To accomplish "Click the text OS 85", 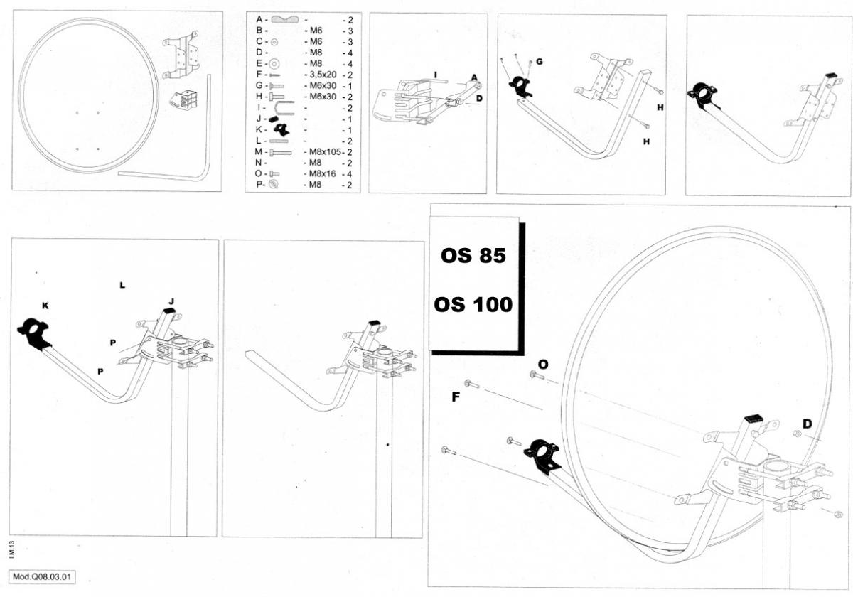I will click(x=473, y=256).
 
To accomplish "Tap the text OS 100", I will click(x=473, y=304).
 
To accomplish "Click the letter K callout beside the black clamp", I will click(x=45, y=306).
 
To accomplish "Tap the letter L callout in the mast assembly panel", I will click(x=122, y=285).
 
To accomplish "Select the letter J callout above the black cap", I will click(x=171, y=301).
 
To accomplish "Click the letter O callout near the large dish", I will click(x=543, y=364).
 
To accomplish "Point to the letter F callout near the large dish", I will click(x=456, y=397).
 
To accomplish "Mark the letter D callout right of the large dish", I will click(x=807, y=424).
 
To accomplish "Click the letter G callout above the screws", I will click(x=540, y=62).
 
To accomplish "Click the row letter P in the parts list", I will click(x=260, y=184).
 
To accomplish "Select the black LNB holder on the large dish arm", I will click(x=542, y=455).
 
